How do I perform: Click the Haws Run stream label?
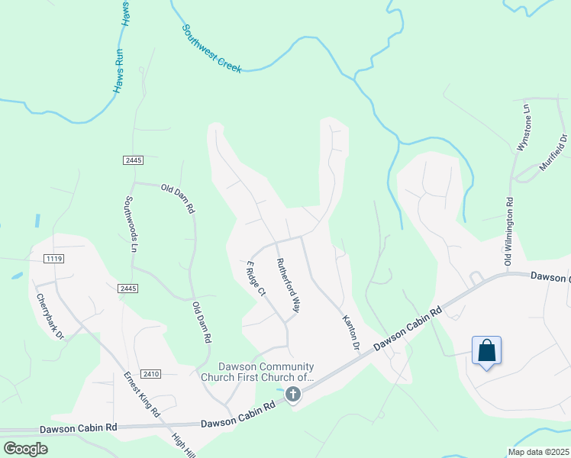point(122,47)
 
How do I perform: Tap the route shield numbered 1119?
point(53,260)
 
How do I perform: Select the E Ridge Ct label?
point(255,278)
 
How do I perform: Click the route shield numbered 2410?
point(151,374)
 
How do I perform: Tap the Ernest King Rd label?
point(142,395)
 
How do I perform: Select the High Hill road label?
point(183,445)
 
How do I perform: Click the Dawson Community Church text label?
point(256,371)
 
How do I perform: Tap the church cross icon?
point(293,395)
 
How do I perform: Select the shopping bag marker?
point(487,352)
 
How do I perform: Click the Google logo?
point(25,449)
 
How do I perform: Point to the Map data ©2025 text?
point(537,452)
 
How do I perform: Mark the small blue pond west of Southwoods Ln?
point(37,220)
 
